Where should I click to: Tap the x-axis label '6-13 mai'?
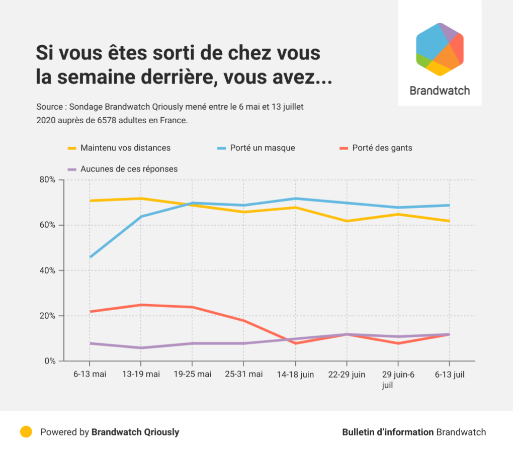[x=90, y=374]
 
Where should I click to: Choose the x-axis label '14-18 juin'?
[x=295, y=374]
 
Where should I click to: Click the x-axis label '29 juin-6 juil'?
[x=398, y=379]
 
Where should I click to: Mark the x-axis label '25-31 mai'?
[x=243, y=374]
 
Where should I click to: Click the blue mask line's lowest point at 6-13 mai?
[x=90, y=257]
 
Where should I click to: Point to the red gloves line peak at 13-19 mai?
[x=141, y=305]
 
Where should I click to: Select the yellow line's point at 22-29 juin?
[x=347, y=221]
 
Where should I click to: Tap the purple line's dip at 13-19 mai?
[x=141, y=348]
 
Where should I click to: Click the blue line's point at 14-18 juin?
[x=295, y=198]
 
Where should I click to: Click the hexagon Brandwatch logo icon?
[x=440, y=49]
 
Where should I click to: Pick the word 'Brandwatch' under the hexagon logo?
[x=440, y=91]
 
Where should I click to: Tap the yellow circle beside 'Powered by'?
[x=26, y=432]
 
